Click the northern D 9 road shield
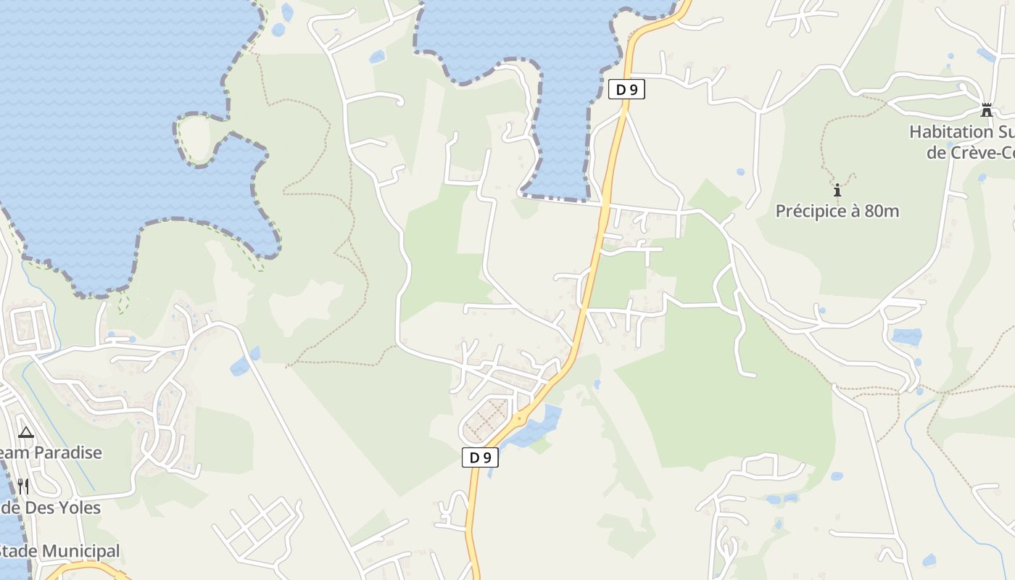click(x=626, y=90)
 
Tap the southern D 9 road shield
click(x=481, y=457)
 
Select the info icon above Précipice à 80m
click(x=837, y=191)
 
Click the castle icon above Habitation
click(x=986, y=110)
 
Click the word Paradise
click(x=68, y=452)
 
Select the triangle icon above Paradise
click(x=26, y=433)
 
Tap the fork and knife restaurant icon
click(x=23, y=486)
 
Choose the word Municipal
click(x=83, y=551)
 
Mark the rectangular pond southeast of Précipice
click(x=906, y=336)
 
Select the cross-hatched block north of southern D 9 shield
click(x=486, y=419)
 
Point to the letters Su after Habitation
click(x=1005, y=132)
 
